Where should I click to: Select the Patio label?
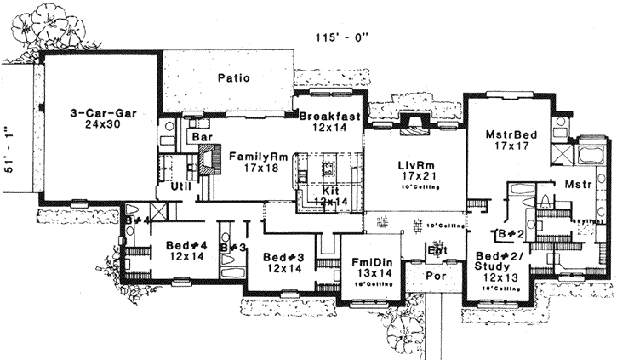[x=233, y=77]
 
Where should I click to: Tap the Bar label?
[x=201, y=136]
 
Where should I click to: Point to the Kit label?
[x=331, y=191]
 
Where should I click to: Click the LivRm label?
[x=418, y=163]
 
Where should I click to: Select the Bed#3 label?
[x=282, y=256]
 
